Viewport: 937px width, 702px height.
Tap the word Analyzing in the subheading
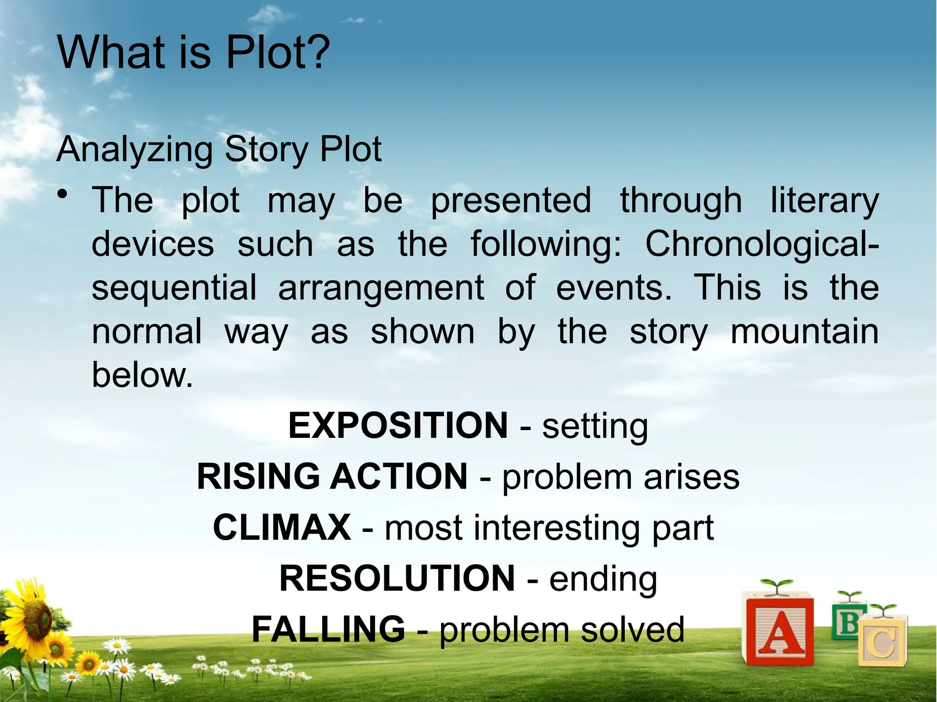[135, 150]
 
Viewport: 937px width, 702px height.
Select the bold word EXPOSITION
[398, 425]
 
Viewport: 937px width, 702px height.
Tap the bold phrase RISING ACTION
[332, 477]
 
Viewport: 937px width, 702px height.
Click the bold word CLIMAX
[282, 527]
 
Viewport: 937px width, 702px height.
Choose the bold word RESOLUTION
[397, 579]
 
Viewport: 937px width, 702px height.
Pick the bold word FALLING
[328, 629]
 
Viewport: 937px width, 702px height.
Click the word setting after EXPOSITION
[595, 426]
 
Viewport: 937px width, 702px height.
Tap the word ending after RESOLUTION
[603, 580]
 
